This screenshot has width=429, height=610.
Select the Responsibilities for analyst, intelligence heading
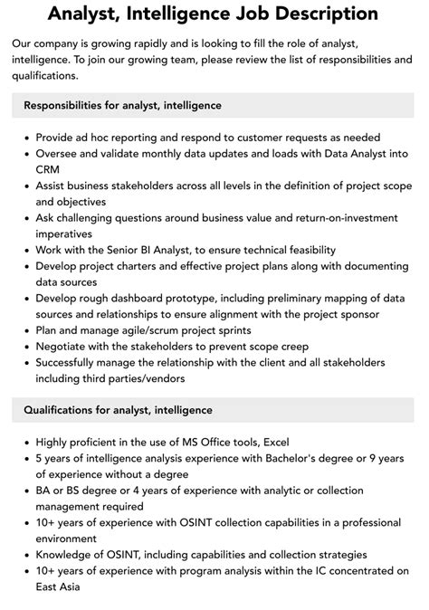pos(122,105)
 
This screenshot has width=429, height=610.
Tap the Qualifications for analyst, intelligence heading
pos(119,410)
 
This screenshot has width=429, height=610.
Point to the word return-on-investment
pos(340,218)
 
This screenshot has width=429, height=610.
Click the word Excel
pos(275,442)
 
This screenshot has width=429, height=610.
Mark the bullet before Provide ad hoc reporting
pos(24,137)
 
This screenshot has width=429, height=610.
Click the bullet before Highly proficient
pos(24,442)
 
